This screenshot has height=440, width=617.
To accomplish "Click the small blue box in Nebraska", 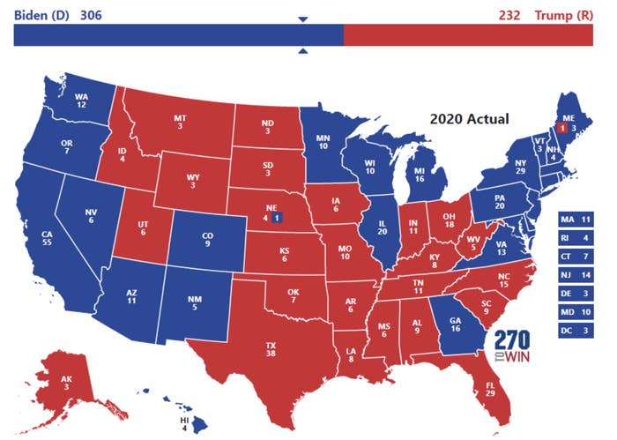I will (x=277, y=217).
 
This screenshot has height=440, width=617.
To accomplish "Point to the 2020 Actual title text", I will (x=470, y=118).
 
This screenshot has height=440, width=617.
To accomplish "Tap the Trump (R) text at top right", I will (x=572, y=15).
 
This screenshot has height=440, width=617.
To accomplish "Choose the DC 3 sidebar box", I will (x=575, y=332).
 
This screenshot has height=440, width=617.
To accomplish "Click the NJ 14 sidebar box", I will (x=575, y=274).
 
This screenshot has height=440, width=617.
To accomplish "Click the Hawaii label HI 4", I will (x=184, y=425).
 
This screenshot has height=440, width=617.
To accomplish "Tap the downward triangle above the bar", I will (x=303, y=19).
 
